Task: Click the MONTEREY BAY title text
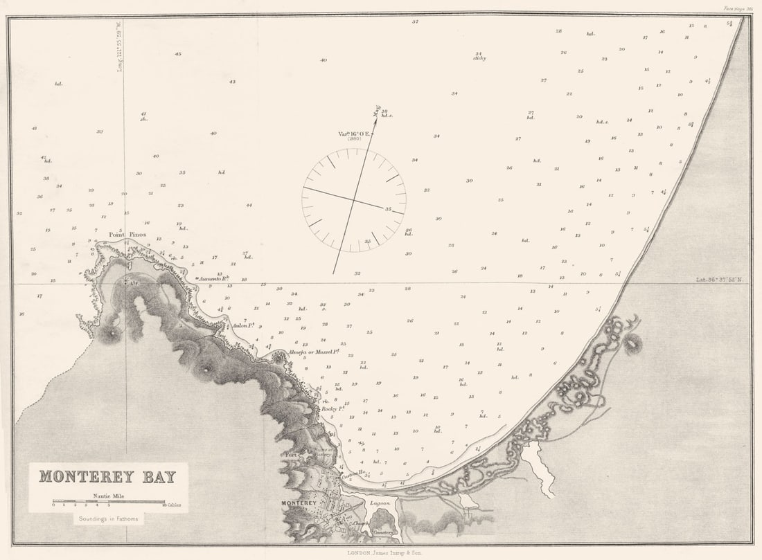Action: click(x=107, y=476)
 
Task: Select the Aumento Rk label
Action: click(x=213, y=279)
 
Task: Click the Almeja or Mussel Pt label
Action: click(x=313, y=352)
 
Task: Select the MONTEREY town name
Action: click(x=299, y=503)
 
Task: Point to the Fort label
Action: click(x=292, y=455)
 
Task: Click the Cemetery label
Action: click(x=383, y=532)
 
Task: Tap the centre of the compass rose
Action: click(x=354, y=200)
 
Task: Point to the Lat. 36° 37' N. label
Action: click(x=720, y=280)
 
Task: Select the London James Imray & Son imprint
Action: click(x=380, y=552)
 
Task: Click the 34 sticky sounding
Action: click(x=479, y=55)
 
